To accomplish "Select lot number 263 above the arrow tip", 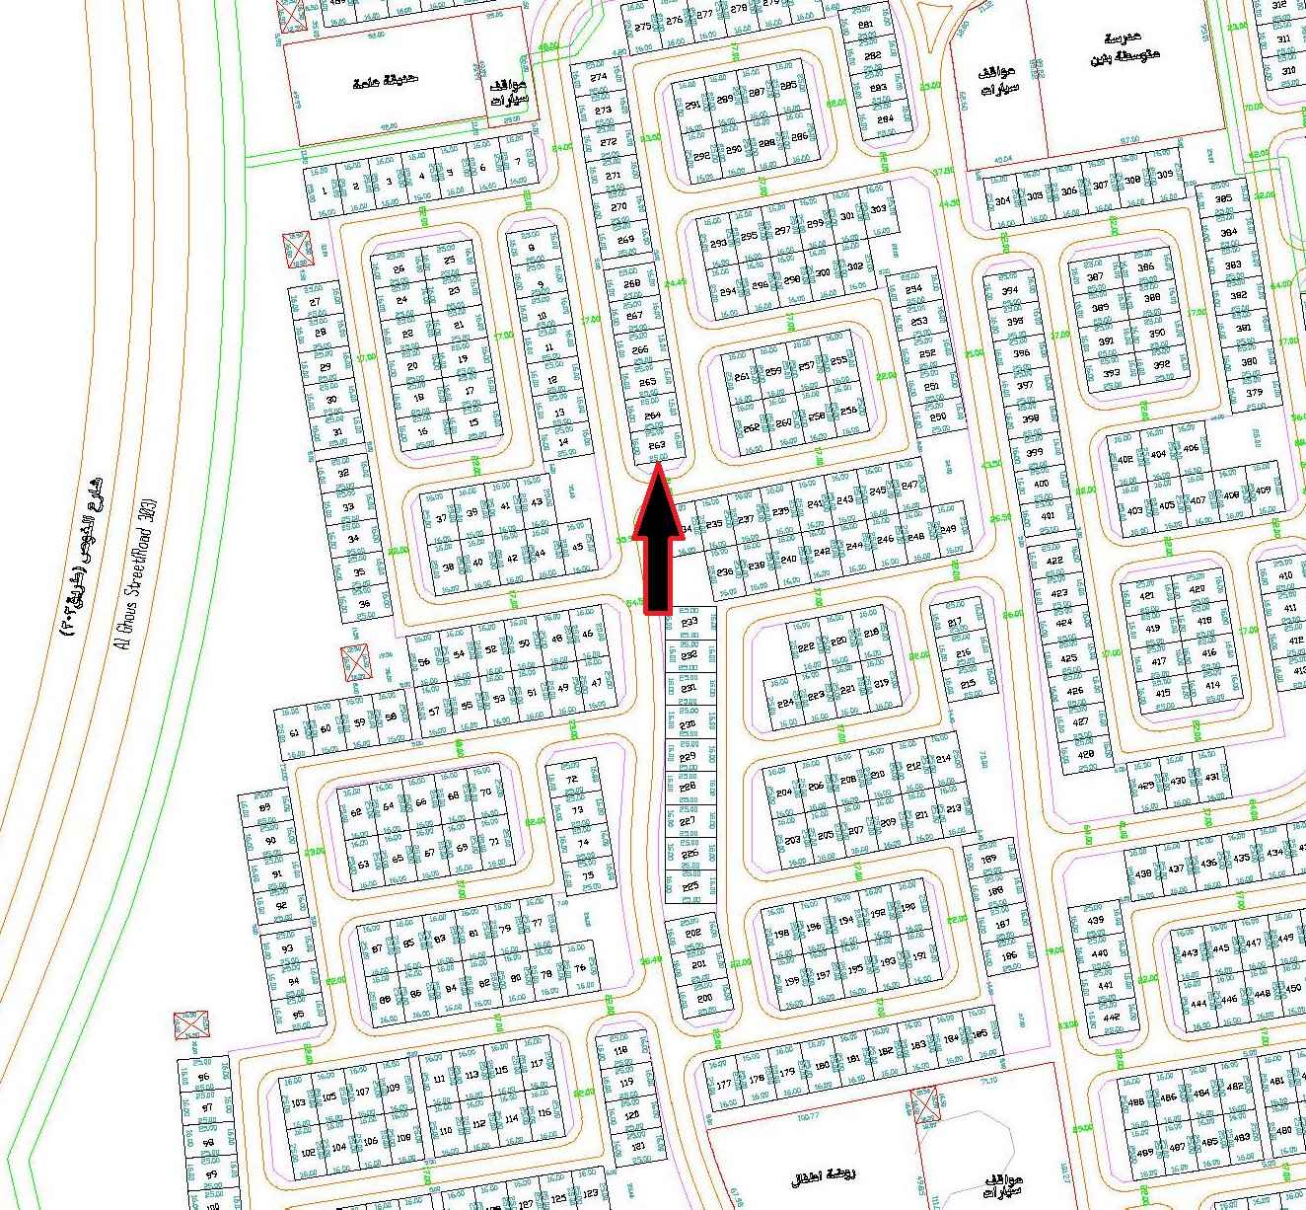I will pyautogui.click(x=656, y=445).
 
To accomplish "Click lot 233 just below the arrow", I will pyautogui.click(x=689, y=623).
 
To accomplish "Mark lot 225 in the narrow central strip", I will pyautogui.click(x=689, y=886).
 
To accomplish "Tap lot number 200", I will pyautogui.click(x=703, y=998).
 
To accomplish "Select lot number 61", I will pyautogui.click(x=294, y=731).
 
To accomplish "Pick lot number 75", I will pyautogui.click(x=588, y=875).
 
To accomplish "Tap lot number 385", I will pyautogui.click(x=1224, y=198).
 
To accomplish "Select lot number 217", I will pyautogui.click(x=954, y=623).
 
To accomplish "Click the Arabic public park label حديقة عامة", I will pyautogui.click(x=384, y=83).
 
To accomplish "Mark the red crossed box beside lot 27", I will pyautogui.click(x=297, y=249).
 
